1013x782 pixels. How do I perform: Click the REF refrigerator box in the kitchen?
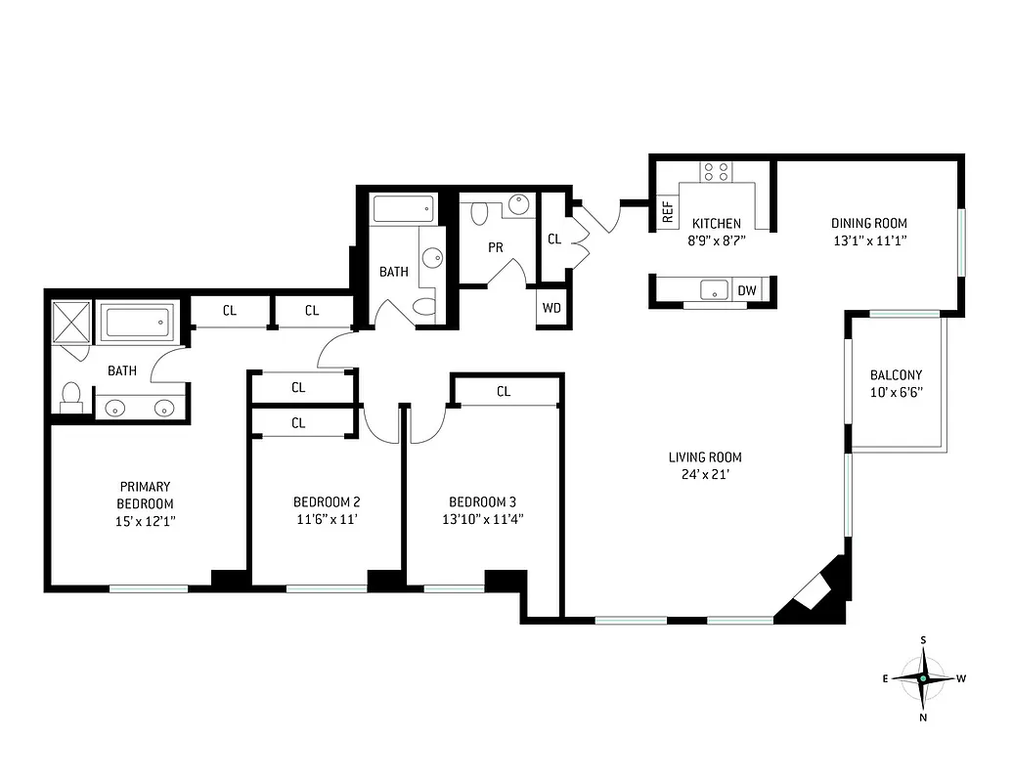668,212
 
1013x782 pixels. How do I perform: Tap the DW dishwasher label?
747,290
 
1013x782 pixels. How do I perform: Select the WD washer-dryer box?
551,308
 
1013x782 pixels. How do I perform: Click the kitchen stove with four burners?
716,172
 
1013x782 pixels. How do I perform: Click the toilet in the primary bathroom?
70,396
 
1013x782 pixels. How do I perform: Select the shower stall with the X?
70,323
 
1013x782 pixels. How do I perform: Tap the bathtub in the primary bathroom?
138,322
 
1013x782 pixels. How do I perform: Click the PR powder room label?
496,247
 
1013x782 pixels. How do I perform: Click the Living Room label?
705,456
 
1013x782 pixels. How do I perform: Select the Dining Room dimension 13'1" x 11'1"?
869,240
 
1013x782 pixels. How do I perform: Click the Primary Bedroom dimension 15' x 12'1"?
145,521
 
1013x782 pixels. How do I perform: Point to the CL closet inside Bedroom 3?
504,391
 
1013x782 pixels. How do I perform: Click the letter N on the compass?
923,717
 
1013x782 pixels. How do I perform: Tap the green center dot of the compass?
923,678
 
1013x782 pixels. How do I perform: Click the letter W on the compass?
961,678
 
